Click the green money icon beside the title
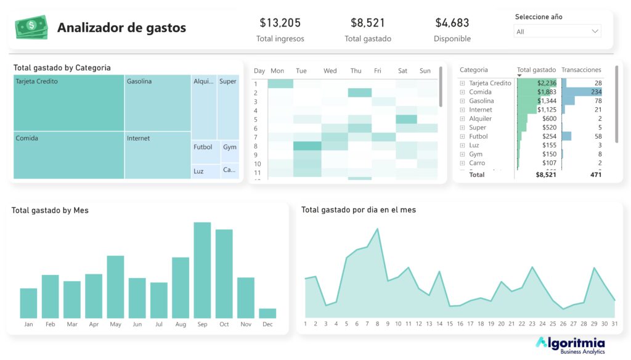tap(31, 27)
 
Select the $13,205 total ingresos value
tap(280, 23)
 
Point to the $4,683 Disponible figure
tap(452, 23)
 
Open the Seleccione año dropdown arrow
tap(595, 31)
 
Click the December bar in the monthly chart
tap(267, 313)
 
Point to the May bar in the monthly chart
tap(115, 287)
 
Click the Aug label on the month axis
tap(181, 324)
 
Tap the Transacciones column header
tap(581, 70)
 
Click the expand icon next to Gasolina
tap(463, 101)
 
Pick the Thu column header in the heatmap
tap(356, 71)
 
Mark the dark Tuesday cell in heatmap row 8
tap(306, 146)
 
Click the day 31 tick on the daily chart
tap(614, 324)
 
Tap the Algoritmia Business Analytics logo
tap(570, 345)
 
